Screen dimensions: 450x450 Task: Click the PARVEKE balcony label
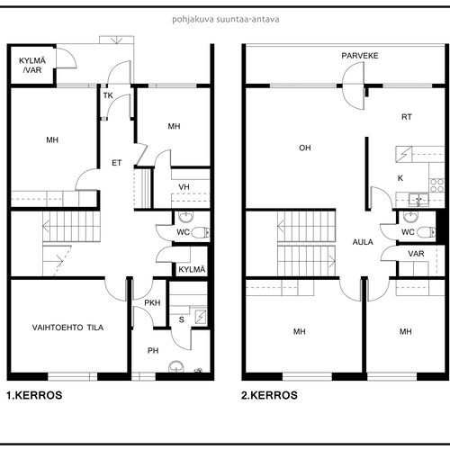[360, 56]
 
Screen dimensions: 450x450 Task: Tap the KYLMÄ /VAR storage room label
[32, 66]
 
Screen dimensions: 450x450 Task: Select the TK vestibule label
[108, 95]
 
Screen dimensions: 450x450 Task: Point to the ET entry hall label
[117, 163]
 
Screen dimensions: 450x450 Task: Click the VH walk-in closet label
[184, 187]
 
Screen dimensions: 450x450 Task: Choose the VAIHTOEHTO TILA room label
[67, 328]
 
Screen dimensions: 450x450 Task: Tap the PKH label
[152, 302]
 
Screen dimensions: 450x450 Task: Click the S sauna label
[181, 319]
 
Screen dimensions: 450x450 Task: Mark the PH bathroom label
[153, 350]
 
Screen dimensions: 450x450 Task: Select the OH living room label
[305, 148]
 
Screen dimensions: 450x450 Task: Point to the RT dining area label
[407, 117]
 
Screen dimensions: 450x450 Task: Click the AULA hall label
[363, 242]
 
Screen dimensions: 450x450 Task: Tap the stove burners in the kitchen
[436, 185]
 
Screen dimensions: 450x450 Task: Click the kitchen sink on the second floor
[418, 200]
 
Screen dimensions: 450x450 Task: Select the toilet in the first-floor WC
[201, 232]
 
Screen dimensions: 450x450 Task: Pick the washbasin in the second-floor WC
[410, 216]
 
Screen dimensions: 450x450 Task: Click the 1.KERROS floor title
[34, 395]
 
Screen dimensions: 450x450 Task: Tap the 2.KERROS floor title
[269, 395]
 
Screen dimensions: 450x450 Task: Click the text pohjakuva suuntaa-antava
[226, 20]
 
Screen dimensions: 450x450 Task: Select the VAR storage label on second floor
[416, 254]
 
